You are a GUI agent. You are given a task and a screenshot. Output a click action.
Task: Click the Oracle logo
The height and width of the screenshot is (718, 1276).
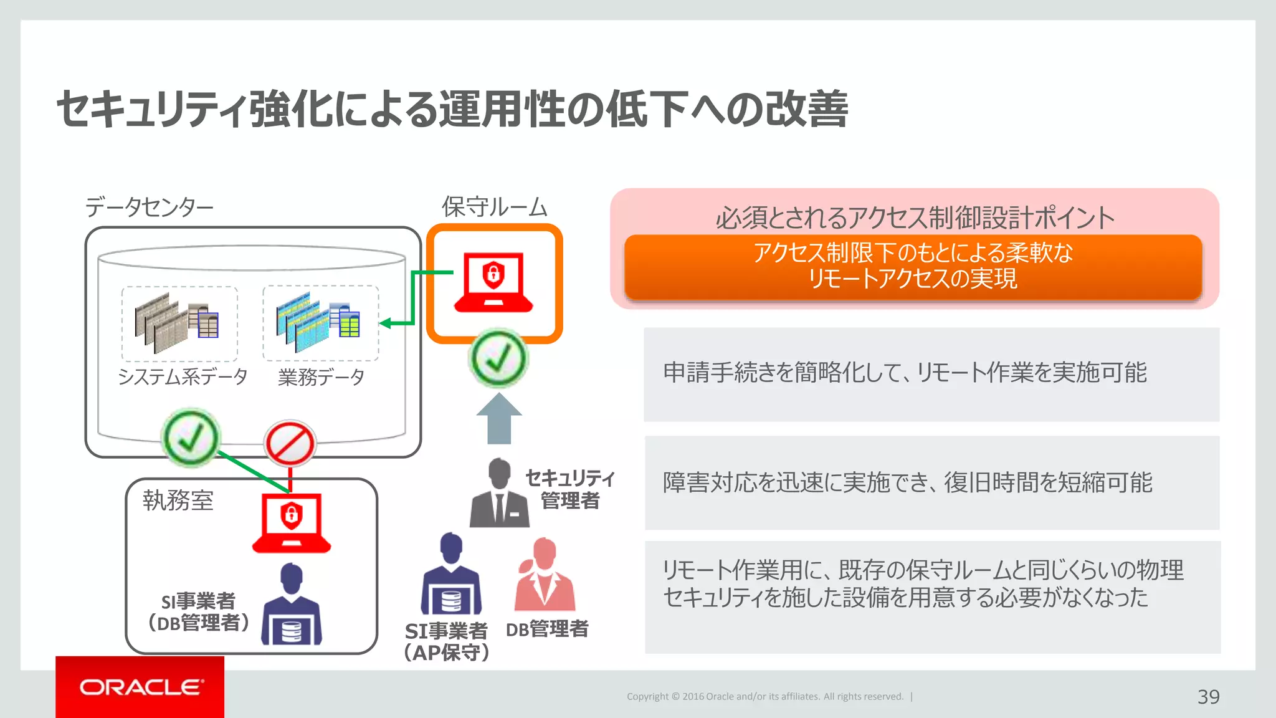pyautogui.click(x=141, y=687)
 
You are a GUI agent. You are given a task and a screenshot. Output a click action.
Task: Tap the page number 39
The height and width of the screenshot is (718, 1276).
pyautogui.click(x=1208, y=696)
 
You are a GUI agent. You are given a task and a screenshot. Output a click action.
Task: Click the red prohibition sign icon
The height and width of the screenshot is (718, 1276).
pyautogui.click(x=290, y=444)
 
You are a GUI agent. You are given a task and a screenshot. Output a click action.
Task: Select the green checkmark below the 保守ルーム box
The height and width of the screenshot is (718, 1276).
pyautogui.click(x=498, y=358)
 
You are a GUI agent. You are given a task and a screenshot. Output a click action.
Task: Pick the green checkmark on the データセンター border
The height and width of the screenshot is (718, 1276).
pyautogui.click(x=191, y=438)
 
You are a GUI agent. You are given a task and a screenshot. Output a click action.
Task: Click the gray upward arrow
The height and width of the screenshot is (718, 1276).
pyautogui.click(x=499, y=419)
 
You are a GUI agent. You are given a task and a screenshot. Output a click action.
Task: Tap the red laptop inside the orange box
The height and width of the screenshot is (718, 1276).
pyautogui.click(x=493, y=282)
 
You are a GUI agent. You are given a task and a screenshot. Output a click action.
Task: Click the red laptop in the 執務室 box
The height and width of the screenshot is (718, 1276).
pyautogui.click(x=291, y=522)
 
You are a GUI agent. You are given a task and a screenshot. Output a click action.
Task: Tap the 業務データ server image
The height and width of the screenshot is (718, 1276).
pyautogui.click(x=320, y=323)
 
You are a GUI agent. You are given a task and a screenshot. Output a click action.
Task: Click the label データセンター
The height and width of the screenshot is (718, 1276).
pyautogui.click(x=150, y=207)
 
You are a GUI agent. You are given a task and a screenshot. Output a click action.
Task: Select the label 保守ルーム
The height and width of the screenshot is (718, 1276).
pyautogui.click(x=494, y=207)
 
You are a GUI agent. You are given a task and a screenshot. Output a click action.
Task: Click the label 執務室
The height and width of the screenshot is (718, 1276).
pyautogui.click(x=178, y=500)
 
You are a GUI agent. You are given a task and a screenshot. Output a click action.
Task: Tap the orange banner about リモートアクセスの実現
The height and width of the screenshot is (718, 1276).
pyautogui.click(x=913, y=266)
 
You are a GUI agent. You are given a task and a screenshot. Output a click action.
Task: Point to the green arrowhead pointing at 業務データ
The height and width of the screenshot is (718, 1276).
pyautogui.click(x=386, y=323)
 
